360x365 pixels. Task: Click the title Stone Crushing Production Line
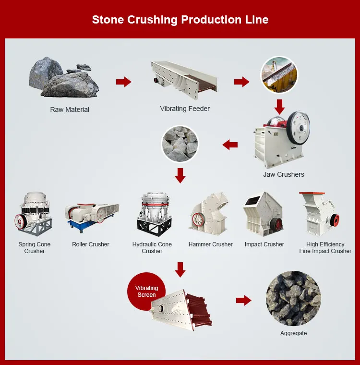click(180, 20)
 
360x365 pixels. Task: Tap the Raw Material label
click(70, 109)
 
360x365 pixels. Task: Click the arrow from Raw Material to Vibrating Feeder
click(124, 82)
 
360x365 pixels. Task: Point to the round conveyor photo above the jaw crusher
click(279, 75)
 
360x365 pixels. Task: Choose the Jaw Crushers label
click(284, 174)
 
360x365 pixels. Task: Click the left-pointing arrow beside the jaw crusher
click(230, 144)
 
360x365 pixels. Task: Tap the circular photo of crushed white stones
click(180, 144)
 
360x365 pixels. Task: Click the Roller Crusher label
click(91, 244)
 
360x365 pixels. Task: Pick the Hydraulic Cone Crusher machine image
click(152, 215)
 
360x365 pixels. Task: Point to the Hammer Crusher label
click(210, 244)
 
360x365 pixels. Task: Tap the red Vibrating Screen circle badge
click(146, 292)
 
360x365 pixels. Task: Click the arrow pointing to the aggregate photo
click(244, 301)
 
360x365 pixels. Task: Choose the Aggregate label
click(293, 333)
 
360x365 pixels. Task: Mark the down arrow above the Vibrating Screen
click(180, 270)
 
